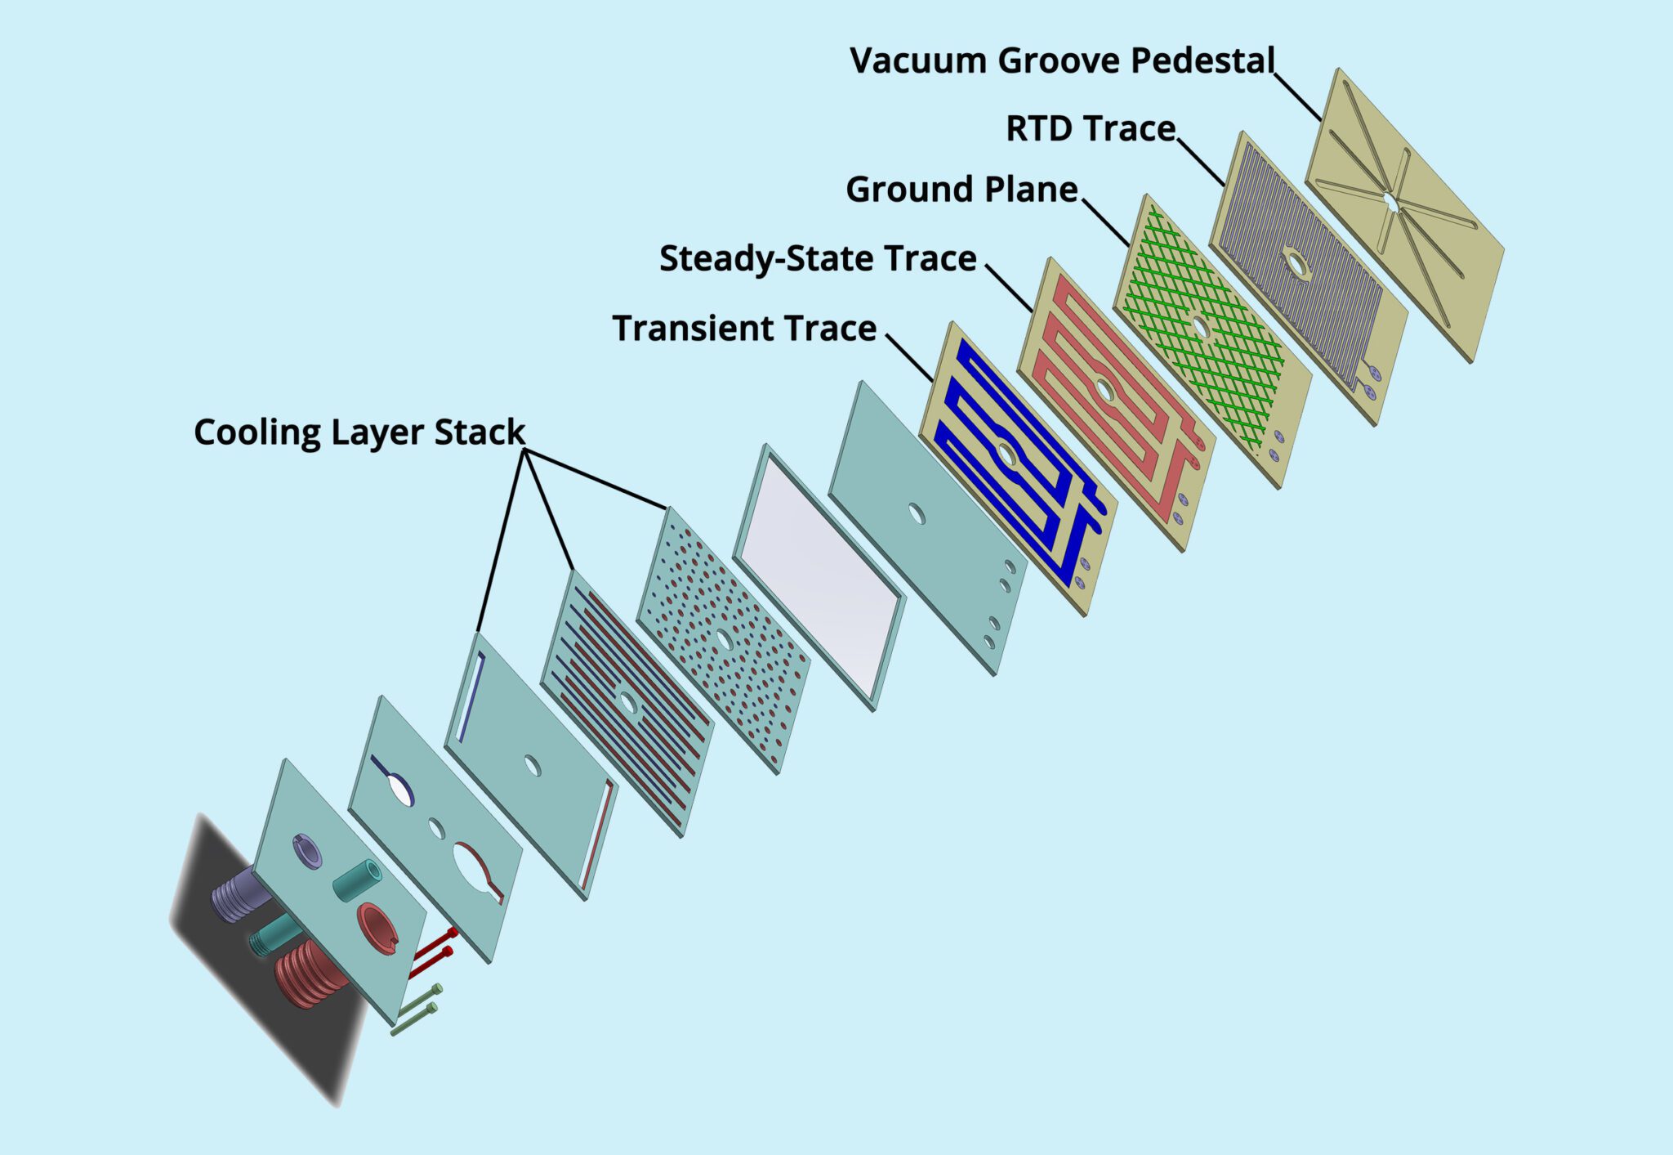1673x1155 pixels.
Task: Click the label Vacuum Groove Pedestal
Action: point(1061,61)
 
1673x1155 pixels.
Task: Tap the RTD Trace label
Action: point(1090,129)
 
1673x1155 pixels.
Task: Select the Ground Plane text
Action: point(961,190)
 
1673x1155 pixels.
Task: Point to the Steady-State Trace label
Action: point(818,259)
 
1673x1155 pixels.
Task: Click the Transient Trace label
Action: point(744,329)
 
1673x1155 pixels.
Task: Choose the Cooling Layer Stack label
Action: point(359,432)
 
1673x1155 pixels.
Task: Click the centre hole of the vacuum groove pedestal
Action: point(1390,200)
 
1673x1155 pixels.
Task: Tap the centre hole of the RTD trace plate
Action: point(1295,263)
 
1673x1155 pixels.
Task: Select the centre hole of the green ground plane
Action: point(1201,326)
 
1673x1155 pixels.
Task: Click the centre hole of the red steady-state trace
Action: point(1105,390)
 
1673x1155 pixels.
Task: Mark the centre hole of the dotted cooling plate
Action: point(724,639)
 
